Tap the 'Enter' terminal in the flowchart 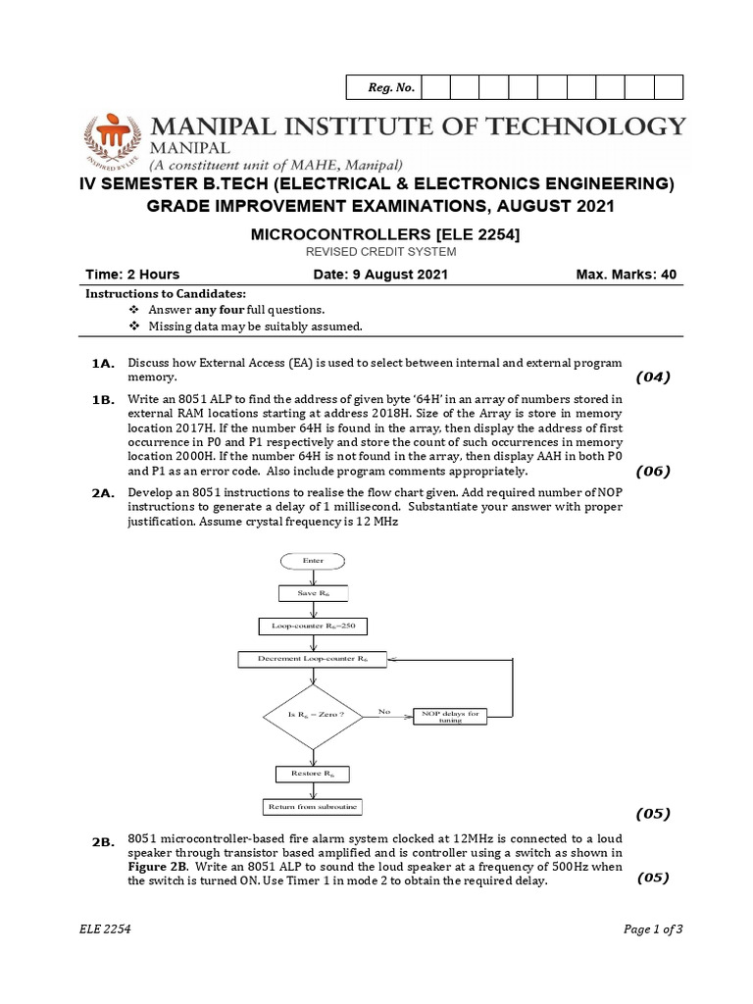click(x=312, y=560)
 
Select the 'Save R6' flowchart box click(x=312, y=593)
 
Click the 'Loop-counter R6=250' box click(x=312, y=626)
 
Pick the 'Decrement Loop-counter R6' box click(x=312, y=659)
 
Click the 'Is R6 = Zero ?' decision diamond click(x=312, y=715)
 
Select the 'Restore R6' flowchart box click(x=312, y=774)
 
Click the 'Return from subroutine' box click(x=312, y=806)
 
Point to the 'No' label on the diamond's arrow click(x=383, y=710)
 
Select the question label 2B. click(x=105, y=843)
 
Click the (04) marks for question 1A click(x=652, y=377)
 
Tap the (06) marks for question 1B click(x=652, y=471)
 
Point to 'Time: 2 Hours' click(x=133, y=275)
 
